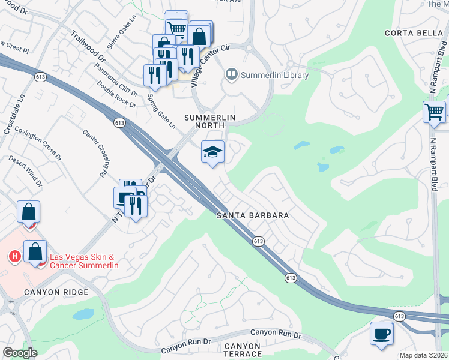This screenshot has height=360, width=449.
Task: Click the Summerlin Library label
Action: click(274, 76)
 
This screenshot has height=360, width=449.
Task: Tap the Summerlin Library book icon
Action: click(231, 75)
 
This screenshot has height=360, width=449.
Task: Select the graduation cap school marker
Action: click(212, 152)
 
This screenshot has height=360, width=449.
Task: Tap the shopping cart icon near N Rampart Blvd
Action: click(433, 111)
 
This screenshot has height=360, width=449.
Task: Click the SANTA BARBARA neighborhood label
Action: click(253, 215)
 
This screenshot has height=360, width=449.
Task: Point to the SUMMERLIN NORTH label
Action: click(208, 121)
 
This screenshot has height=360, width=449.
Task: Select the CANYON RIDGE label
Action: click(56, 292)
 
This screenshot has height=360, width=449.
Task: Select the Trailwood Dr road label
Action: click(88, 47)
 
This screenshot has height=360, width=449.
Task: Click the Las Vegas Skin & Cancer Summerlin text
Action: click(84, 261)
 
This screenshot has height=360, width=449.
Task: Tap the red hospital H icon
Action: click(14, 257)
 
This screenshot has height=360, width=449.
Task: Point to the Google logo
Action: click(20, 353)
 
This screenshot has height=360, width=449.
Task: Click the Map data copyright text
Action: click(423, 355)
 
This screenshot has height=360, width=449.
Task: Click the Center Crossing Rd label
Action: click(94, 154)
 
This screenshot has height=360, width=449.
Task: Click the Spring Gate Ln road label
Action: click(161, 110)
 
